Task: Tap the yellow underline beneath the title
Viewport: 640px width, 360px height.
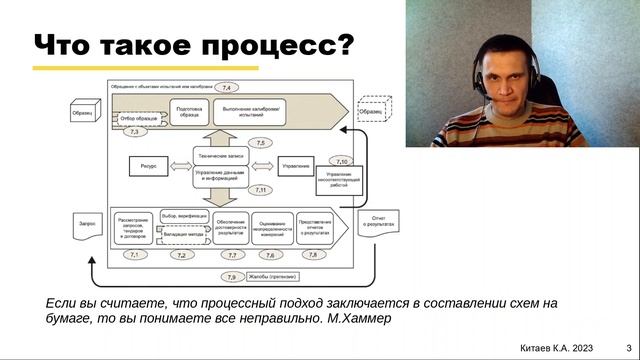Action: click(x=145, y=69)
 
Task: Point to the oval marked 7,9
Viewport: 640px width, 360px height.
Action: click(x=232, y=276)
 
